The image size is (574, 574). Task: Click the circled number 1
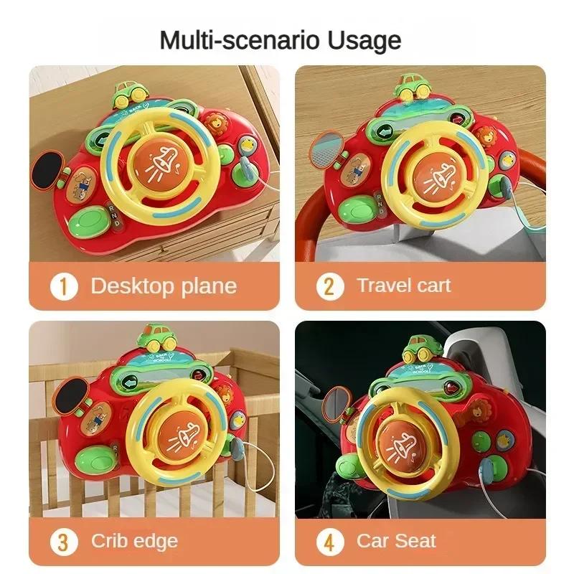click(64, 287)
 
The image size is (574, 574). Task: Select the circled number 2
click(329, 286)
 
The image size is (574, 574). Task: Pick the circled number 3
click(64, 541)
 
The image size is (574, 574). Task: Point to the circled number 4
click(329, 541)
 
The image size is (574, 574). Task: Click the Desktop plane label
click(164, 286)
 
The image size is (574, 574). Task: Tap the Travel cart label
click(404, 286)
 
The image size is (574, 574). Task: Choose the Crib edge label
click(134, 541)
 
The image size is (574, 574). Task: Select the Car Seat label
click(396, 541)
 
